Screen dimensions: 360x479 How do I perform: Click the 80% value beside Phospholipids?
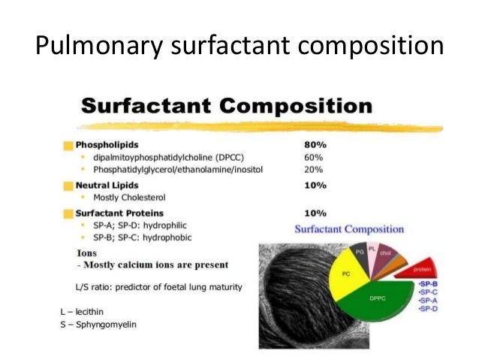tap(313, 144)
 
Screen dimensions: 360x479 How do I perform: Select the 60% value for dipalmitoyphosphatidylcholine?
tap(313, 158)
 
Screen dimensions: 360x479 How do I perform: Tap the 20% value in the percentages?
tap(313, 171)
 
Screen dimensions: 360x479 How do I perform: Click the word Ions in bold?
tap(86, 253)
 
